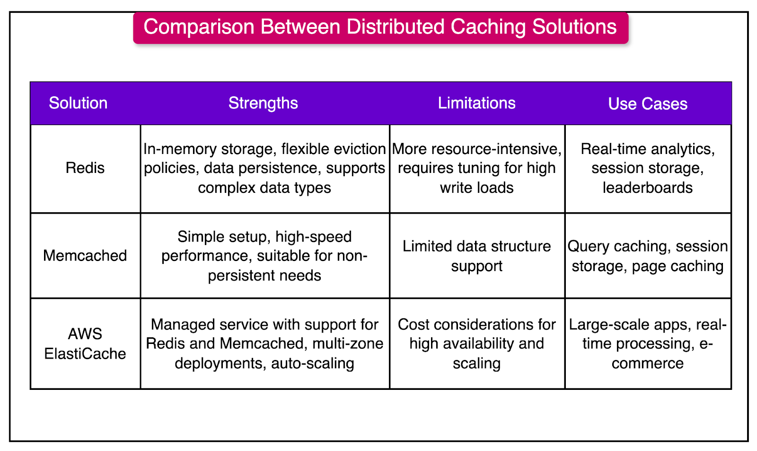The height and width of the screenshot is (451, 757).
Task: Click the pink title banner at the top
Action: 380,27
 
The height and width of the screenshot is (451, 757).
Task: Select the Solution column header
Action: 78,103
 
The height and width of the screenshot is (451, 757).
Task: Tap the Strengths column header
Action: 263,103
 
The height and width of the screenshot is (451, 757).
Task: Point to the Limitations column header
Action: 476,103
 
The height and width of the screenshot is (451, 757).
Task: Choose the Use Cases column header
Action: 647,104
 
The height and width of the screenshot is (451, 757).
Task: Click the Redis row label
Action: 85,168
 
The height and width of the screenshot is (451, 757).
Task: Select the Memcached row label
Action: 85,256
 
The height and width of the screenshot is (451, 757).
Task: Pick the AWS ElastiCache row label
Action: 85,343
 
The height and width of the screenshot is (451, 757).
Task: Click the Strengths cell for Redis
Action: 264,168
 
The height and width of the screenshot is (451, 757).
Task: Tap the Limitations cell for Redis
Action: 477,168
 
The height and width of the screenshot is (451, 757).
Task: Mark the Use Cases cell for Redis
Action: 647,168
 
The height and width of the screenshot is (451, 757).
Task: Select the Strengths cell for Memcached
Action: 264,256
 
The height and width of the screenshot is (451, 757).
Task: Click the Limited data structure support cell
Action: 477,256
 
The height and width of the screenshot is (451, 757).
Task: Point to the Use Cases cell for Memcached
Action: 647,256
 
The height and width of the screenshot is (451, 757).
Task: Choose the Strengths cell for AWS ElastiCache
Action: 264,343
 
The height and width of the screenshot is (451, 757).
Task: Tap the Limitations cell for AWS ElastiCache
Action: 477,343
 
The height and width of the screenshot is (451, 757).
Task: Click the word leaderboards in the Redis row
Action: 647,188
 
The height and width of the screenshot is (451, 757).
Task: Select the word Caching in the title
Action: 488,27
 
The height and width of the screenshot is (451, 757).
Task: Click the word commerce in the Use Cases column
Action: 647,363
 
